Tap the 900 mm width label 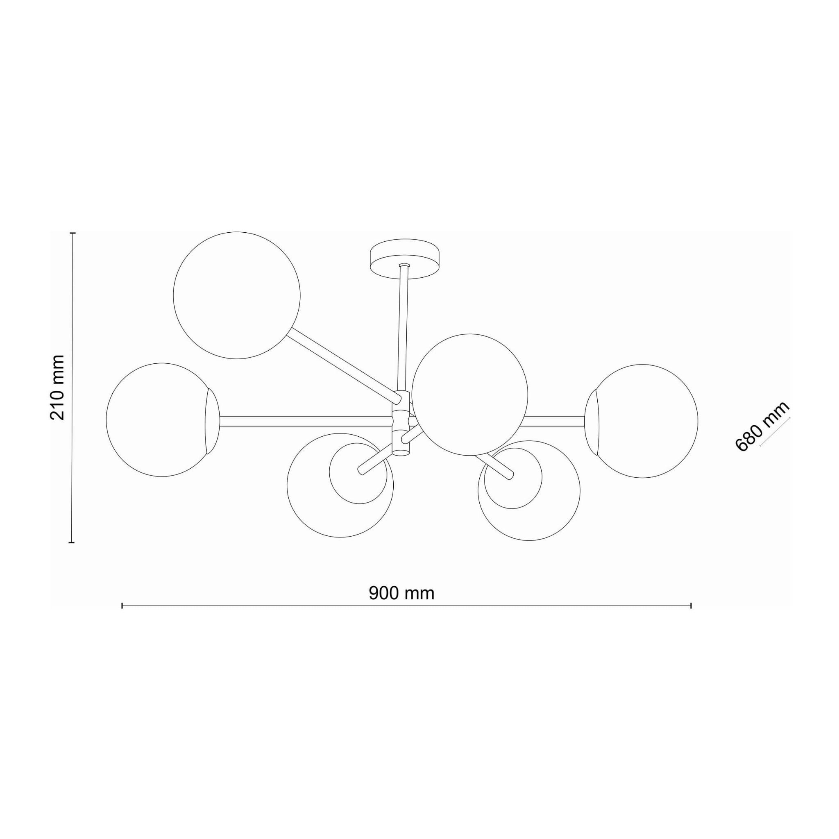point(401,593)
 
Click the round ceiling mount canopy point(404,259)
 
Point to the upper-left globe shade point(236,295)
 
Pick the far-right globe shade point(641,421)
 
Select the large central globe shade point(469,395)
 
